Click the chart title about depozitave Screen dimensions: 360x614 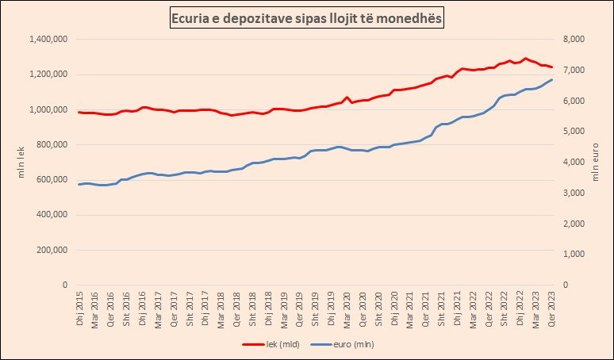tap(307, 17)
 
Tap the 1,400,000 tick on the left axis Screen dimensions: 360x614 tap(49, 40)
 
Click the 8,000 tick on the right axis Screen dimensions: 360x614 tap(573, 40)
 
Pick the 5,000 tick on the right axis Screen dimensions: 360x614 tap(573, 132)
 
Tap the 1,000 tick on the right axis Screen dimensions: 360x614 tap(573, 254)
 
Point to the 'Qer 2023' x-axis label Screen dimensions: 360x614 tap(551, 308)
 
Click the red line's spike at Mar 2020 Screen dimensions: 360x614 tap(347, 98)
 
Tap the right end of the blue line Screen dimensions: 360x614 tap(551, 79)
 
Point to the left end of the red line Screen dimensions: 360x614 tap(79, 112)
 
